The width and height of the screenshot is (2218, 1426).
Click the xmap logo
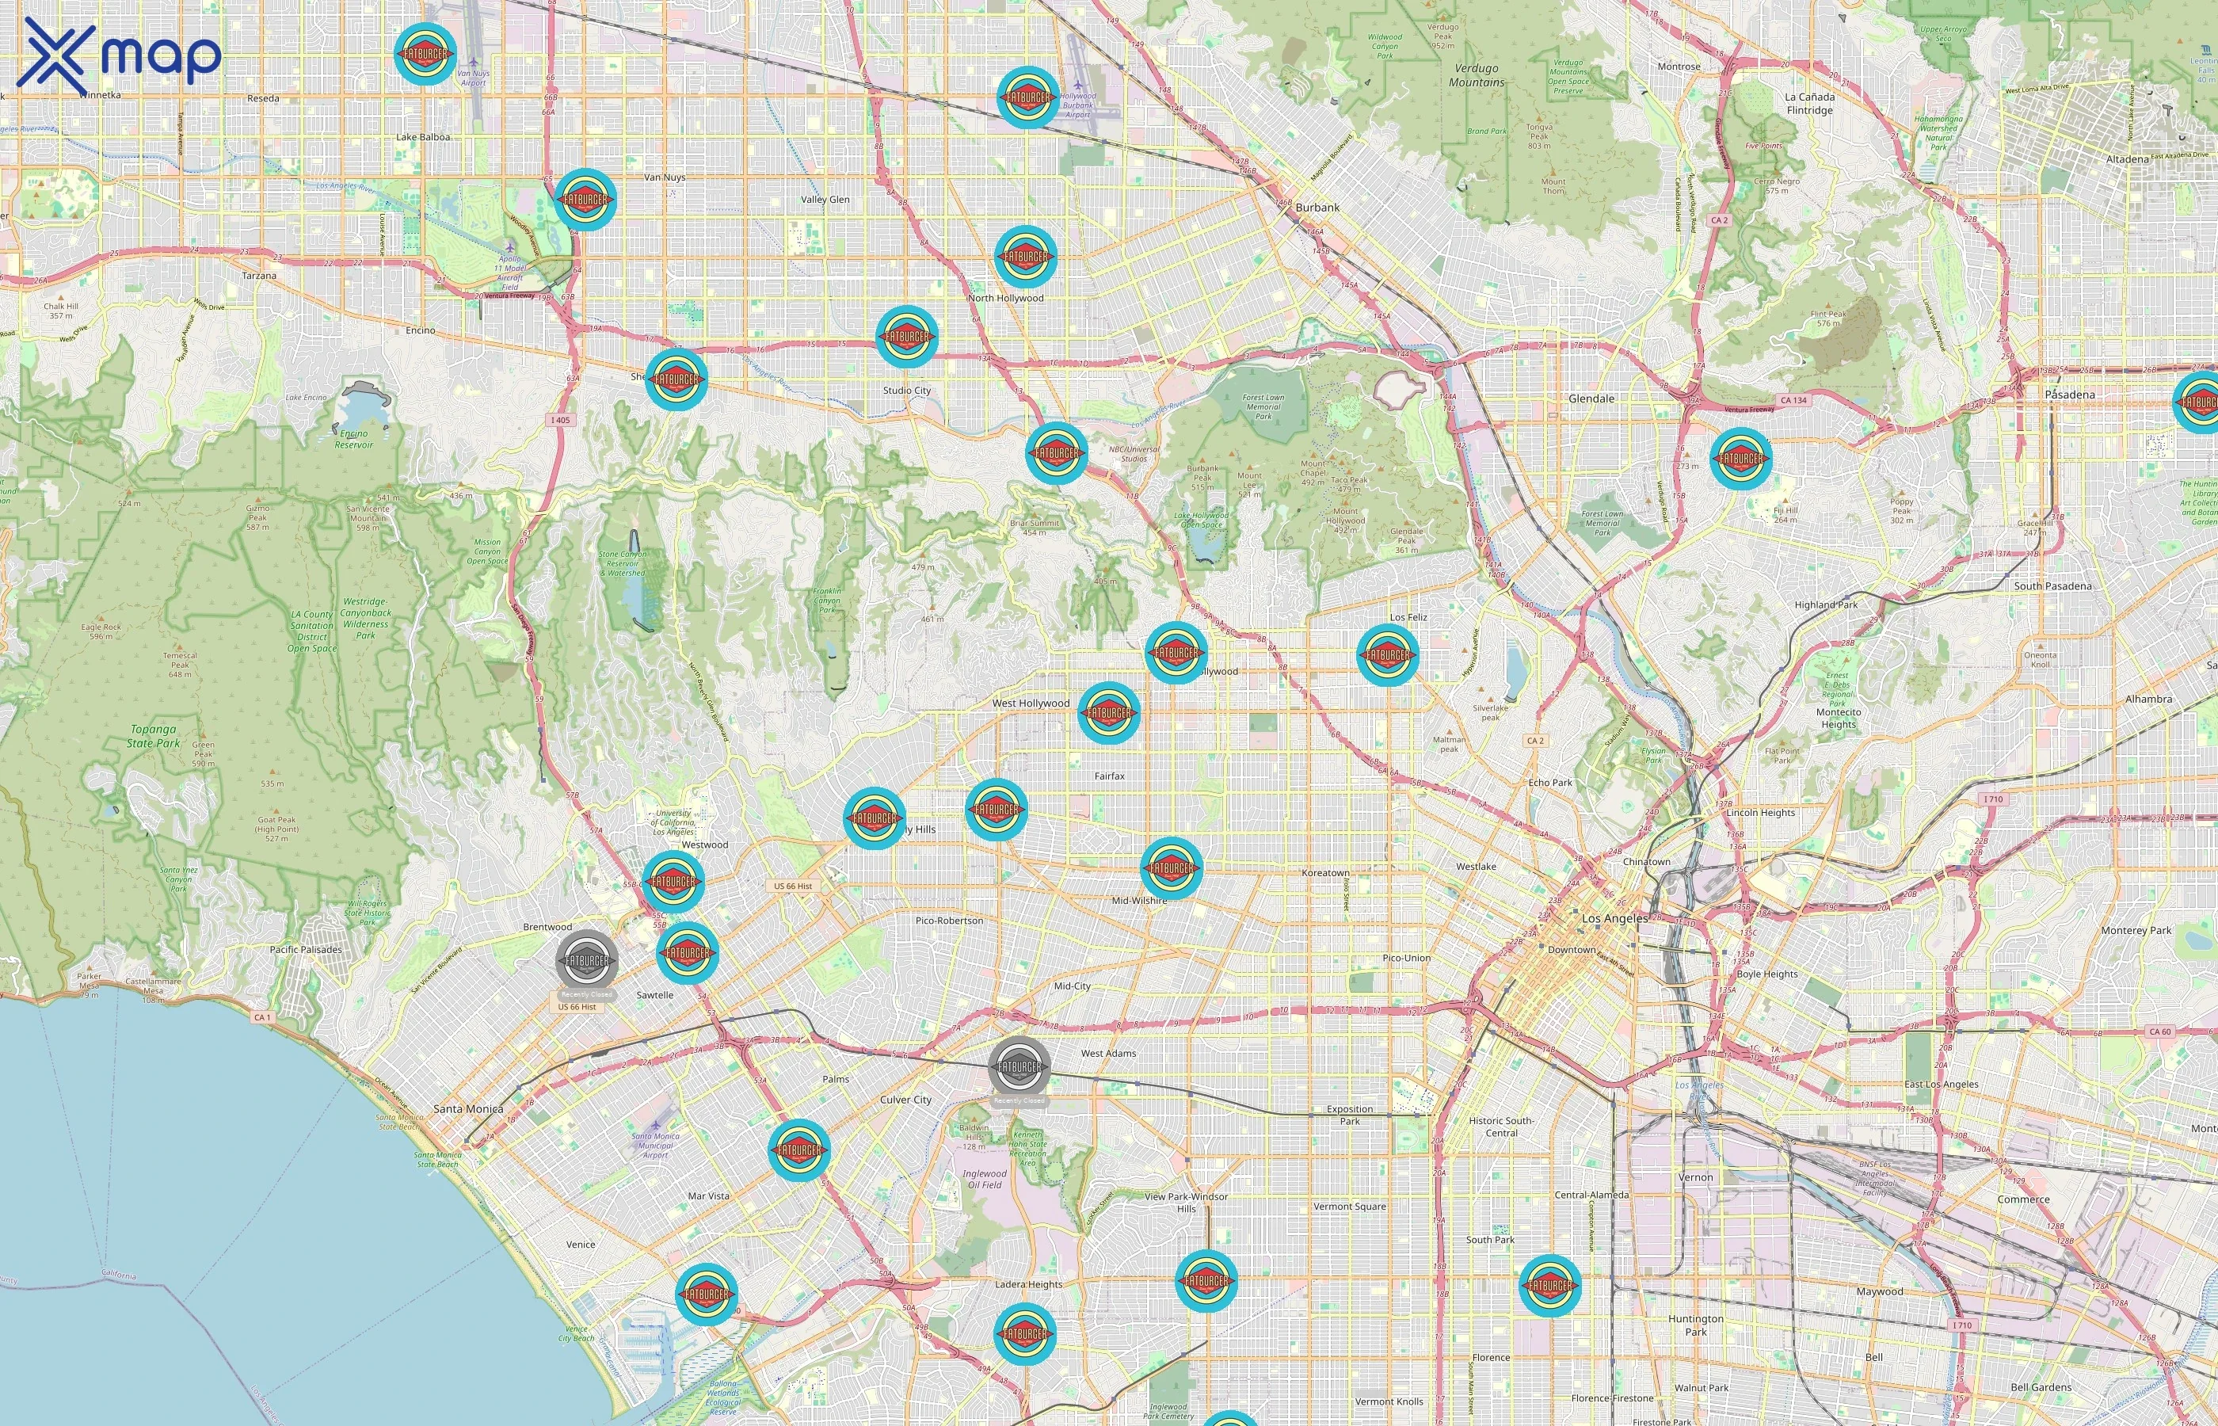(120, 55)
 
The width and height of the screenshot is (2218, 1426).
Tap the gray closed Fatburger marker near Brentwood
(587, 961)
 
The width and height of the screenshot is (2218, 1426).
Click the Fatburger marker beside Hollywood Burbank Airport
(1027, 97)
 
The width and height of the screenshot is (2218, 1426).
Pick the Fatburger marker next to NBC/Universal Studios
(1056, 453)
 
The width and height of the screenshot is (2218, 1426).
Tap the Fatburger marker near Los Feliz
(1387, 654)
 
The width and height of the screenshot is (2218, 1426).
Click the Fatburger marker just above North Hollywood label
(1026, 257)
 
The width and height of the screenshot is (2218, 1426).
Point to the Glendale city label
(1591, 398)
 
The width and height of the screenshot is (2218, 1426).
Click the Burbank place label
(1317, 208)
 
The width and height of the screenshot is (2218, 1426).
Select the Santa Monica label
(468, 1108)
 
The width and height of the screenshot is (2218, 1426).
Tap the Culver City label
(905, 1100)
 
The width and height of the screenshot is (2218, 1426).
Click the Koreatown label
(1325, 872)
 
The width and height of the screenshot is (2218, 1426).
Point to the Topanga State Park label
(154, 736)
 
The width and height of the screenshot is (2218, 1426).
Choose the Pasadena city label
(2069, 395)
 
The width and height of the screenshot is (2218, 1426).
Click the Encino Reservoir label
(353, 439)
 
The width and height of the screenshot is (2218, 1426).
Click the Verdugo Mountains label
(1477, 75)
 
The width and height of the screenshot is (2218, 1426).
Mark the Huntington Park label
(1696, 1325)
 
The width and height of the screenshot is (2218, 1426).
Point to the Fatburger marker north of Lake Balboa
(425, 54)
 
